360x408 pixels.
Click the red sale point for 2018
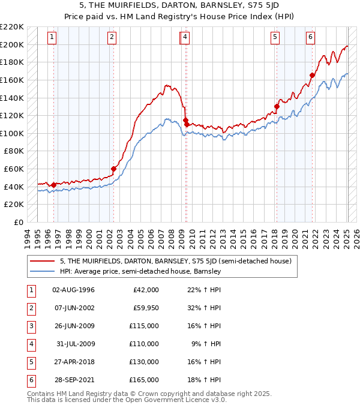click(x=277, y=107)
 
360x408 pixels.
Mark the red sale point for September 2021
click(x=312, y=76)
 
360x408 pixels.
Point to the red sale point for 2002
click(x=113, y=169)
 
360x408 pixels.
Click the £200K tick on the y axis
click(x=13, y=44)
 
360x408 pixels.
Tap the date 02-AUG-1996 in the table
click(x=73, y=290)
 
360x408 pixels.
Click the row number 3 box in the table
click(x=30, y=326)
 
